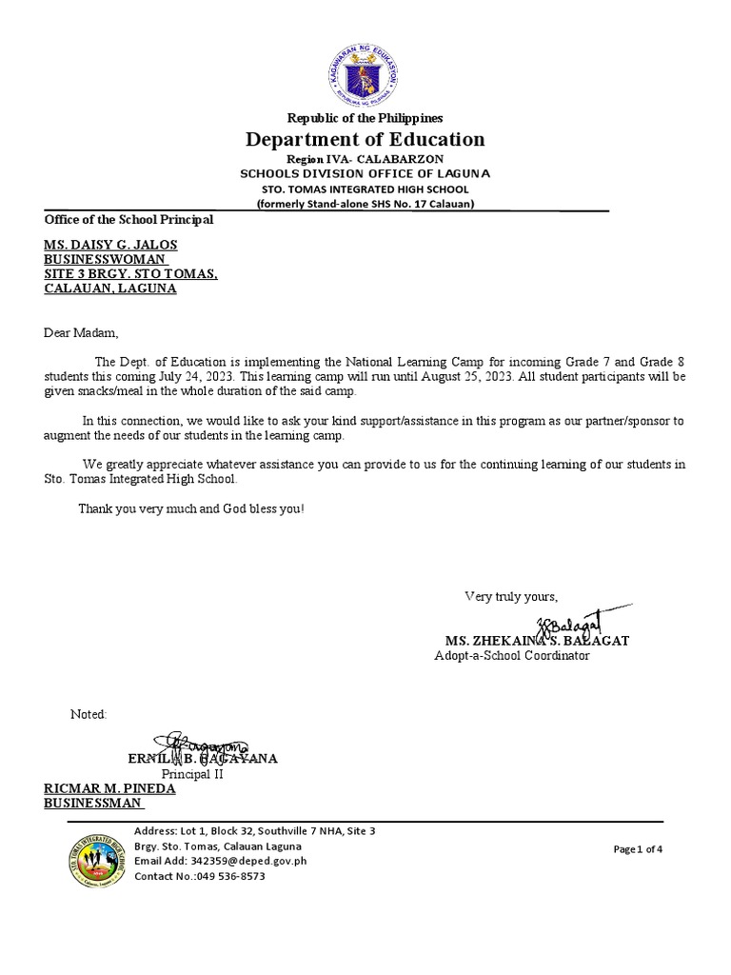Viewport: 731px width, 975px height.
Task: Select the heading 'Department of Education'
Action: pos(366,140)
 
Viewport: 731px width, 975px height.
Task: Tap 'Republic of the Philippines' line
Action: pos(366,118)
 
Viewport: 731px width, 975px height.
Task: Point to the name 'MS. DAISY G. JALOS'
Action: pos(110,245)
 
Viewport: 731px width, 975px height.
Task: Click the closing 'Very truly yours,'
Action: pos(510,597)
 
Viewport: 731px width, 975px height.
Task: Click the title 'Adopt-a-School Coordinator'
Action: pos(512,656)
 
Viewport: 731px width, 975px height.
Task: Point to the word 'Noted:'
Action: pos(89,714)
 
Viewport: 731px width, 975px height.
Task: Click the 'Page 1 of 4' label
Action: pos(638,849)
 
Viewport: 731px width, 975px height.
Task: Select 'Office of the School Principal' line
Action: pos(128,220)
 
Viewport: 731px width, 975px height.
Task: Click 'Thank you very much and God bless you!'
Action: pos(191,508)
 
